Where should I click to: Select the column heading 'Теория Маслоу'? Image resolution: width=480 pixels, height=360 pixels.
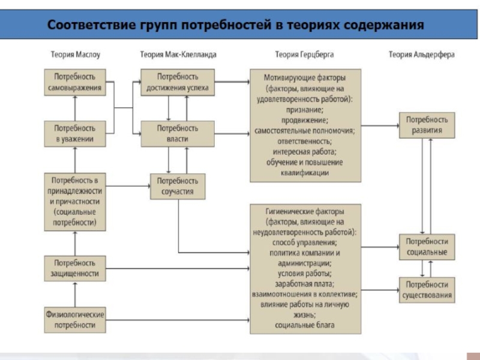click(x=75, y=55)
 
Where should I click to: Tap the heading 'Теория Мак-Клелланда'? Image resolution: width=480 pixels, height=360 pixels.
click(x=178, y=55)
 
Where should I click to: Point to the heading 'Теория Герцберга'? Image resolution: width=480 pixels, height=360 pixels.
click(x=304, y=55)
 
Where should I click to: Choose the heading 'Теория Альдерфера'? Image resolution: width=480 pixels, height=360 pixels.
click(x=421, y=55)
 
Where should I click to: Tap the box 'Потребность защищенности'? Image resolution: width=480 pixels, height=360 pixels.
click(x=75, y=269)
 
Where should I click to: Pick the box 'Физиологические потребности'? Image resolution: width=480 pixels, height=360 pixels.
click(x=75, y=320)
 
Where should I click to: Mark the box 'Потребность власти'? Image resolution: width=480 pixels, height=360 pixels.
click(x=178, y=134)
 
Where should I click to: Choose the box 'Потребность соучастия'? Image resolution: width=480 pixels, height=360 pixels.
click(x=178, y=186)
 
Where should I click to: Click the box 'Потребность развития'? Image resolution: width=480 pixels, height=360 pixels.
click(x=427, y=125)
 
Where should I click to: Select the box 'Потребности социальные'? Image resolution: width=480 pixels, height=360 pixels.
click(x=427, y=247)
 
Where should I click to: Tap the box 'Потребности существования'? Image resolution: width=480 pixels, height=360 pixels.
click(x=427, y=290)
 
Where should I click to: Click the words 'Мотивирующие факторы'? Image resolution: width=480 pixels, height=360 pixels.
click(x=305, y=77)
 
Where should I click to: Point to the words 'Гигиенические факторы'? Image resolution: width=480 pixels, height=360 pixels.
click(x=305, y=212)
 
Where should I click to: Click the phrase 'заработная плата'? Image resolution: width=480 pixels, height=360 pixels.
click(x=305, y=284)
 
